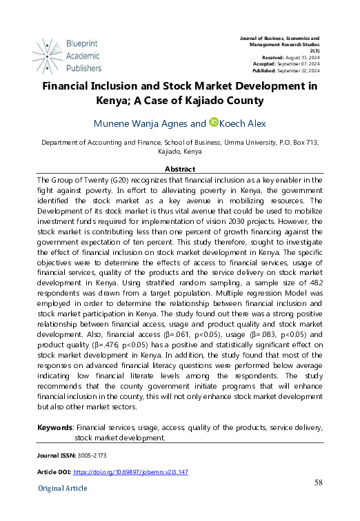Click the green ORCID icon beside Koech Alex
(x=214, y=123)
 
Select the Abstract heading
(x=180, y=169)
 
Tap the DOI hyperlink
(x=130, y=472)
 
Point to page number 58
(x=318, y=482)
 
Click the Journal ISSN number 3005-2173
(x=92, y=456)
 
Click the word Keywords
(x=55, y=428)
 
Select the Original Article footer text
(x=63, y=489)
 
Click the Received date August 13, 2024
(x=302, y=57)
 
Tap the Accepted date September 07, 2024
(x=299, y=64)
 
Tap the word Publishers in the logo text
(x=84, y=68)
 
